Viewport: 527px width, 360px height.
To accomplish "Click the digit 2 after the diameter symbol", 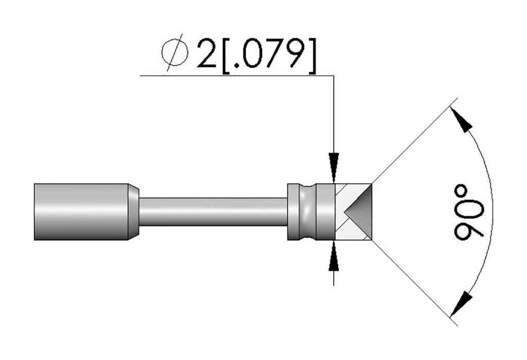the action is tap(207, 54).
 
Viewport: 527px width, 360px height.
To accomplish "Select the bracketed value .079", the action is tap(269, 56).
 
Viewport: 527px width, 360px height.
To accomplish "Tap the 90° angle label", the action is tap(469, 212).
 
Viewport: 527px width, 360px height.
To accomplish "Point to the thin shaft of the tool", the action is tap(213, 212).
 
